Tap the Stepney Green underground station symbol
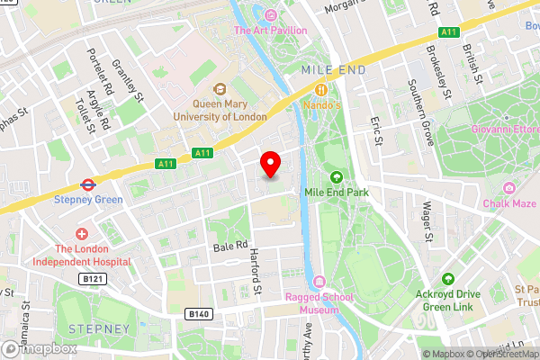(x=88, y=183)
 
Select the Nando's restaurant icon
(x=319, y=88)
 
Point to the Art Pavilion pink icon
(x=271, y=14)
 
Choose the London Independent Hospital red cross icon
(x=82, y=233)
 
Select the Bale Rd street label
(x=230, y=245)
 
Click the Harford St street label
(x=255, y=271)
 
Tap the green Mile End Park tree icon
(x=337, y=175)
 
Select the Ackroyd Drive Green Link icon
(x=459, y=271)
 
